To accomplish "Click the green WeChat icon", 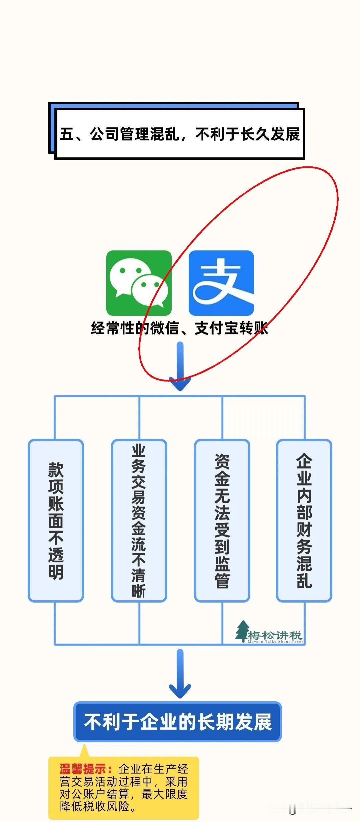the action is click(139, 283).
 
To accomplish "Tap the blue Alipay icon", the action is click(221, 283).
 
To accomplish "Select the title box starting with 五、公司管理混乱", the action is click(179, 134).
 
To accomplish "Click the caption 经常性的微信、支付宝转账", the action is click(179, 328).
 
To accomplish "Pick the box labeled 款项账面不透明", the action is click(56, 521).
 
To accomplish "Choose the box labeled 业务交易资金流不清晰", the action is click(139, 521).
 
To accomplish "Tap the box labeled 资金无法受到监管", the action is click(222, 521).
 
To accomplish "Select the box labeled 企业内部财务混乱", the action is click(304, 521).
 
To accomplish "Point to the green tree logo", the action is click(242, 631).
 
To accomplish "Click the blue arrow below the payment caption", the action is click(180, 366).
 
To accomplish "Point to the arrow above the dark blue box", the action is click(180, 674).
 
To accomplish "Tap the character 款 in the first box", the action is click(56, 470).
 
